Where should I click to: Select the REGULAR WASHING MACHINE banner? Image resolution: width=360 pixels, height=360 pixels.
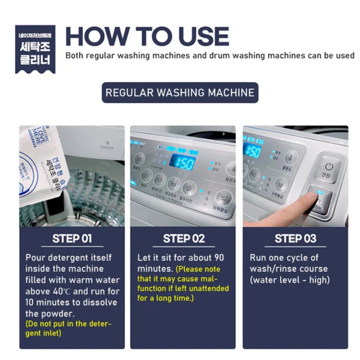click(x=180, y=92)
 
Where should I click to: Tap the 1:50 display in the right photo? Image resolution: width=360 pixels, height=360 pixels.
click(x=252, y=151)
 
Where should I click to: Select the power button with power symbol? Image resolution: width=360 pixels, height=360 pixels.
click(x=328, y=167)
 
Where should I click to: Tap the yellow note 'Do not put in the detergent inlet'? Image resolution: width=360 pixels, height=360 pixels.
click(x=68, y=328)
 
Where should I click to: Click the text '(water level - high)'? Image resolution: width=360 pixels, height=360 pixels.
click(x=289, y=280)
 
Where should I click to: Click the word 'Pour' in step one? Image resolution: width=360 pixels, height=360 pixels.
click(x=35, y=258)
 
